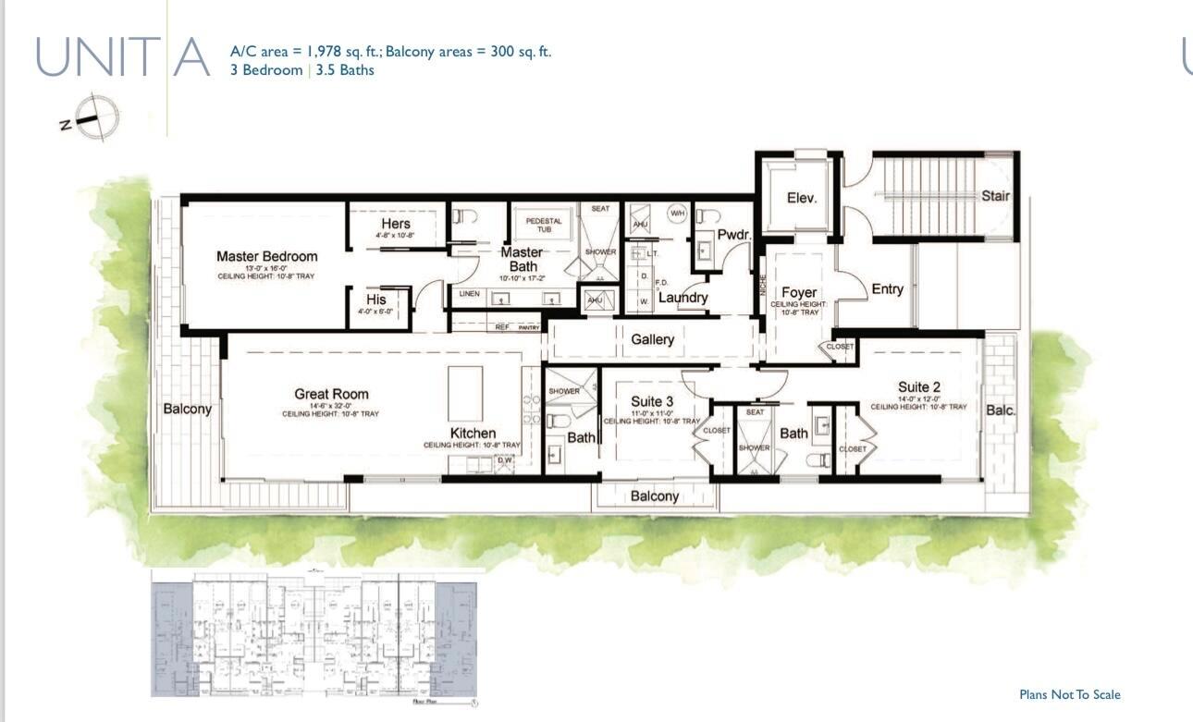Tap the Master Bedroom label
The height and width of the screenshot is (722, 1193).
pos(266,256)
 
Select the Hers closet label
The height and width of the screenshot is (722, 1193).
pos(395,224)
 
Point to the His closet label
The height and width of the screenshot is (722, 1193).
pos(375,300)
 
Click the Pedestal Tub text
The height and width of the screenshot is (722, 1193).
pos(544,225)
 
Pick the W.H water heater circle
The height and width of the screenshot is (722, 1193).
pos(677,213)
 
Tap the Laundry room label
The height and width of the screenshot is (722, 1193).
pos(683,298)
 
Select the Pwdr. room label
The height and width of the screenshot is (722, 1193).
pos(732,234)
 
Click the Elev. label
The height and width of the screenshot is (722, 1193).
pos(801,198)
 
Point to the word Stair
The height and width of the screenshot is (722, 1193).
pos(995,196)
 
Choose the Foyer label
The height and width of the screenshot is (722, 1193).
pos(798,292)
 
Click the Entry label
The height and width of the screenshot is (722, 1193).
pos(887,289)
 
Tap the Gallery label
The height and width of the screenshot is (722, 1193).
pos(652,339)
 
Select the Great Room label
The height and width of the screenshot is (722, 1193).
pos(331,394)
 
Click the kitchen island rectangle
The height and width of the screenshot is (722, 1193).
pos(465,393)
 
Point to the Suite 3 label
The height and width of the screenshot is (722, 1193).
pos(652,401)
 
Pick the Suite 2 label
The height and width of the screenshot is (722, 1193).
pos(918,386)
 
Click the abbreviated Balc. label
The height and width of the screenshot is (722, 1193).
pos(1000,410)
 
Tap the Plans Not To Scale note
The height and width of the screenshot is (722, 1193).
pos(1069,694)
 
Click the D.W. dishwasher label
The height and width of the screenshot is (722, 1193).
pos(505,459)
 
